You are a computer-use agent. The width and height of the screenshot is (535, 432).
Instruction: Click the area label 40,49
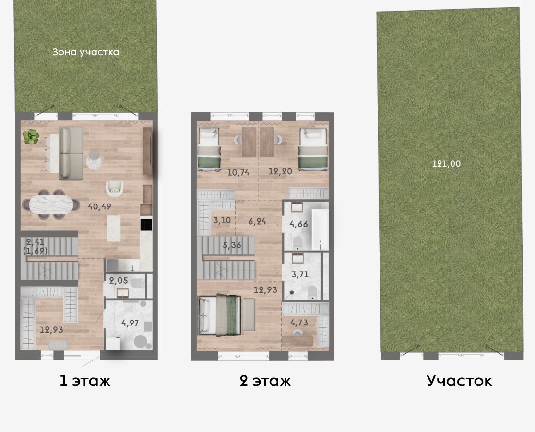click(99, 206)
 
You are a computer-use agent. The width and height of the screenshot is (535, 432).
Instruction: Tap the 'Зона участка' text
click(85, 52)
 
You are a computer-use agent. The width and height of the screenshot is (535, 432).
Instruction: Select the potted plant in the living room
click(31, 136)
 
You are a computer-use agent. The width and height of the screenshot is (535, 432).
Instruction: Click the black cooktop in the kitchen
click(146, 224)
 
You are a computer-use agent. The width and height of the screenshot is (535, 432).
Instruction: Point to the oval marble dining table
click(51, 204)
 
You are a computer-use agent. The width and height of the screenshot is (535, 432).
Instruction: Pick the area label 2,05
click(119, 281)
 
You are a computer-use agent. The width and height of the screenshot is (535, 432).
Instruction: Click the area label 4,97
click(130, 323)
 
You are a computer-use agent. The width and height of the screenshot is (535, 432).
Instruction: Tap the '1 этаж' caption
click(85, 381)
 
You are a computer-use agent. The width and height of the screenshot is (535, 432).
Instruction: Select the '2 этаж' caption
click(265, 381)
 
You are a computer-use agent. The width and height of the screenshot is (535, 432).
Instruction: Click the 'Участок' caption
click(459, 381)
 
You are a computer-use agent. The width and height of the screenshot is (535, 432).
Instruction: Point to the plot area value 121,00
click(446, 164)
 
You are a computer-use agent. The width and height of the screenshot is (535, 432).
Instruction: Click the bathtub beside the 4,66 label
click(320, 229)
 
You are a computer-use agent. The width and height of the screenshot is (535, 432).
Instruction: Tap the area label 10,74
click(238, 172)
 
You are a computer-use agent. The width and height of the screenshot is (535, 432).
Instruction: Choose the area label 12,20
click(280, 171)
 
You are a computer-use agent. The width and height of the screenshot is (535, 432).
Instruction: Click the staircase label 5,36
click(232, 245)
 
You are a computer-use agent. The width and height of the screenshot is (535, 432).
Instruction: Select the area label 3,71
click(300, 275)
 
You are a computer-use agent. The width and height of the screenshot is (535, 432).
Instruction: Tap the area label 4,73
click(299, 323)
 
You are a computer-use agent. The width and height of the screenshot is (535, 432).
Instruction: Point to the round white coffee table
click(94, 160)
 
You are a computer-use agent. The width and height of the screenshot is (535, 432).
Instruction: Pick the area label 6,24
click(257, 221)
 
